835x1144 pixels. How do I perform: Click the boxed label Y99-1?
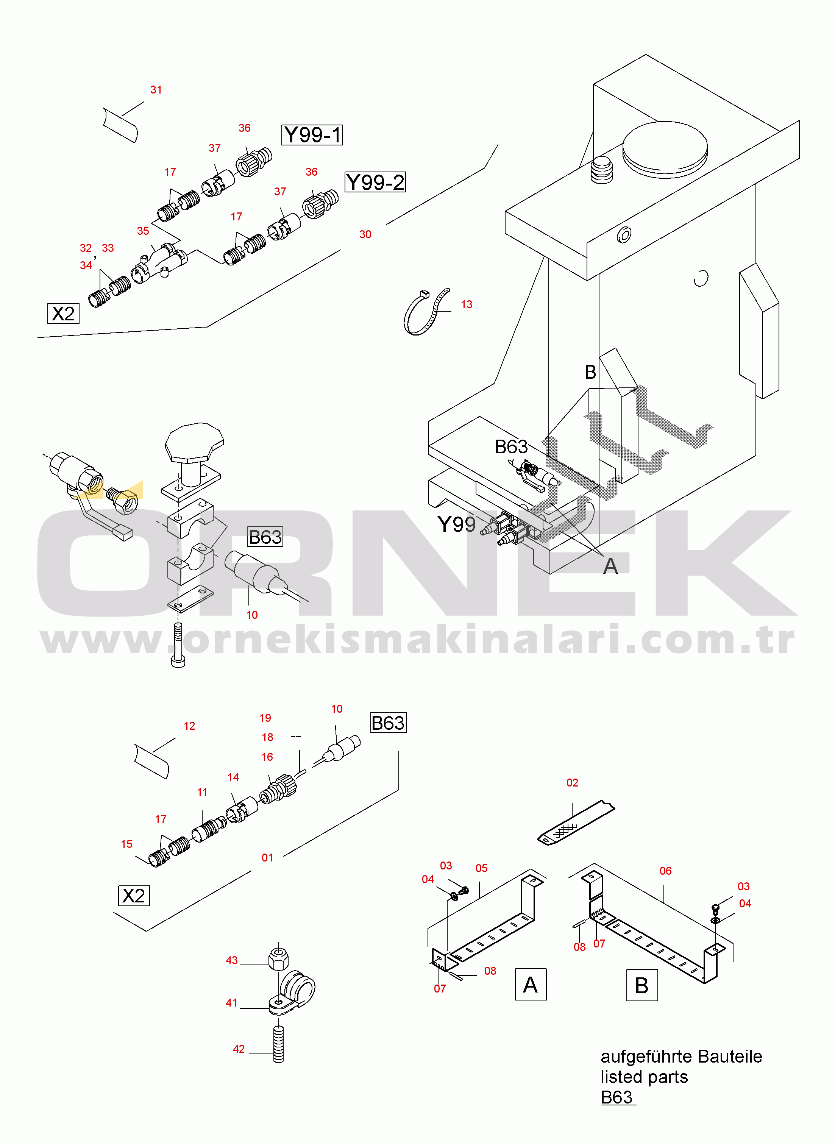pos(312,135)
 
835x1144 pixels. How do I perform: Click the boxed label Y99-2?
pos(375,182)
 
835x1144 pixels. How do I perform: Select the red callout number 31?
pos(156,90)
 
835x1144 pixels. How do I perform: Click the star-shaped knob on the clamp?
pos(194,442)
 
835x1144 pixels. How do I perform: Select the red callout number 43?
pos(231,960)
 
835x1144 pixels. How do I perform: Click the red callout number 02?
pos(572,783)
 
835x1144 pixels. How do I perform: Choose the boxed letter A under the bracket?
pos(531,984)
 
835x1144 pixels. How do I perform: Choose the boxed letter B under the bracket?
pos(642,985)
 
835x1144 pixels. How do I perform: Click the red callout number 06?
pos(666,871)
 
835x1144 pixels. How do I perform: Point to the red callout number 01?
pos(267,857)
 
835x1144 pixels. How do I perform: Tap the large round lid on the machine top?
pos(665,147)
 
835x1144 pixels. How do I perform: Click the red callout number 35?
pos(143,231)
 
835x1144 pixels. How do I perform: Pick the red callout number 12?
pos(190,726)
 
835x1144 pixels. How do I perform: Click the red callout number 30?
pos(365,234)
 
